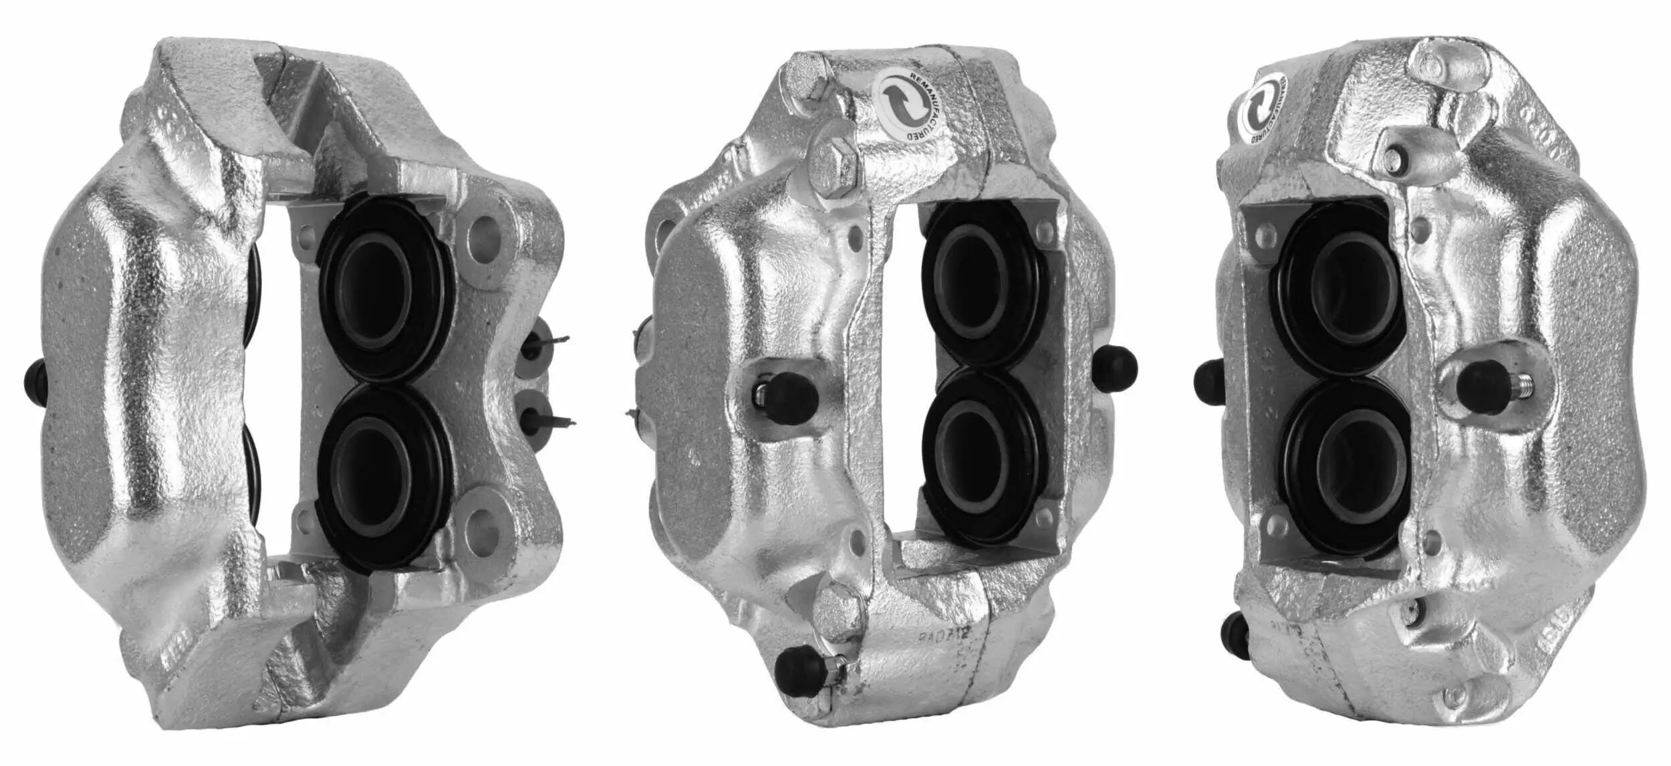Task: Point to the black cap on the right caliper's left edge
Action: [1208, 384]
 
